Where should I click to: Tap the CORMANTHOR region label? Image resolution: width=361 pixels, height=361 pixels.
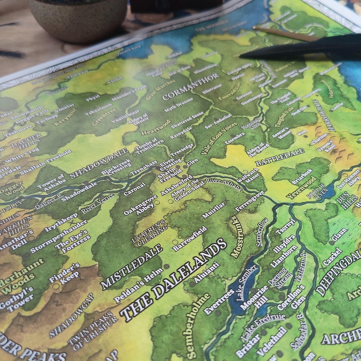coord(184,90)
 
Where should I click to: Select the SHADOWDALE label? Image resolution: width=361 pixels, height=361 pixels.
coord(99,163)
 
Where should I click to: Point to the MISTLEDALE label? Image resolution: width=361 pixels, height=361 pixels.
coord(131,266)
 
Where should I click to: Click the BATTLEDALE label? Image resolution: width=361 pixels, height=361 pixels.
coord(279,157)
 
